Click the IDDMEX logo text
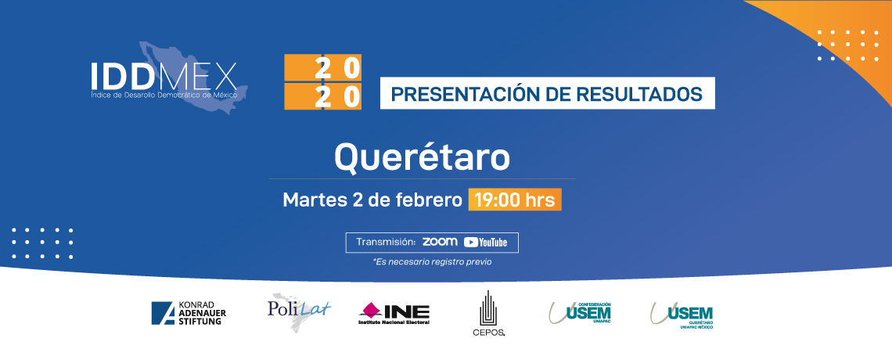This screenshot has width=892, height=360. coord(164,75)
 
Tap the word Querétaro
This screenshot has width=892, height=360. coord(422,157)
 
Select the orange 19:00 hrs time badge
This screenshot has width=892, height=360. coord(515,200)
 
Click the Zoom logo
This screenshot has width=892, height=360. coord(440,242)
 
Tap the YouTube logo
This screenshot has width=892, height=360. coord(485,243)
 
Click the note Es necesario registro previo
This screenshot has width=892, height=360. coord(432,262)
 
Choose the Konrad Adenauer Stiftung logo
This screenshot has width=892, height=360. coord(189,313)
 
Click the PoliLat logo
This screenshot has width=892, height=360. coord(299,311)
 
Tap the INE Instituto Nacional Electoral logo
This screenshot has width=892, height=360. coord(394,313)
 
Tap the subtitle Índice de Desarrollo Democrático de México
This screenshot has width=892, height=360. coord(164,95)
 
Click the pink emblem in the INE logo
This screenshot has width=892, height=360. coord(371,310)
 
